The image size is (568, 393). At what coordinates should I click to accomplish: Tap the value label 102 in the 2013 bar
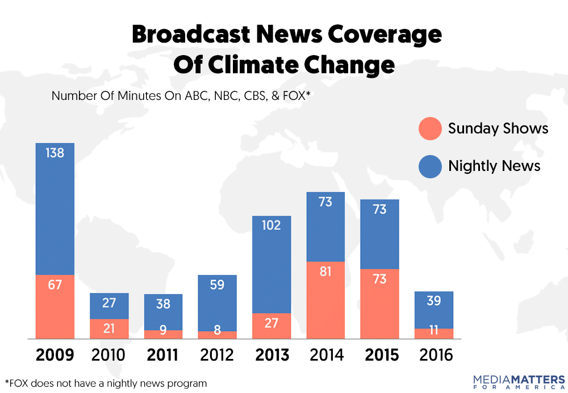(x=272, y=225)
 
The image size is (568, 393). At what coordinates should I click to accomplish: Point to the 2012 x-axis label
(x=217, y=356)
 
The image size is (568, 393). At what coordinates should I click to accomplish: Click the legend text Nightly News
(x=494, y=166)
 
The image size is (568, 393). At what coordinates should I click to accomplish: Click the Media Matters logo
(x=519, y=381)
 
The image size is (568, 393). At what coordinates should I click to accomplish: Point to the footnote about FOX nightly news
(x=106, y=383)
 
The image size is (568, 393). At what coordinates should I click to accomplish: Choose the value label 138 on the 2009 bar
(x=55, y=153)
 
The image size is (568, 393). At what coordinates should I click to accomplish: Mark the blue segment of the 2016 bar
(x=434, y=310)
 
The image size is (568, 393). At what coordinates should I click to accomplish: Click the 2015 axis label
(x=379, y=356)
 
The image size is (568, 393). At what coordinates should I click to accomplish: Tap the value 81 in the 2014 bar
(x=325, y=271)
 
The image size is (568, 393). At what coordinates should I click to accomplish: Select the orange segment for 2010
(x=109, y=329)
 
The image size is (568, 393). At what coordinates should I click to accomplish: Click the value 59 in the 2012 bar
(x=218, y=285)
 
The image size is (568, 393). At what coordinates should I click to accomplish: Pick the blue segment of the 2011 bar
(x=163, y=312)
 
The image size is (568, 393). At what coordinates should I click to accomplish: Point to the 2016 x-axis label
(x=433, y=356)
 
